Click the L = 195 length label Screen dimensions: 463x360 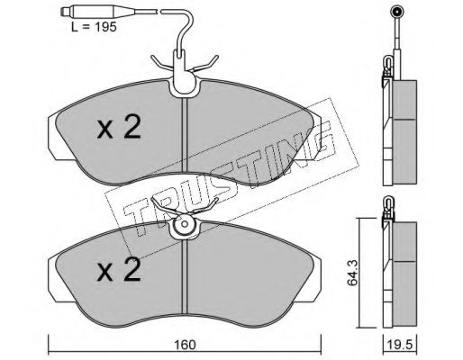coord(94,27)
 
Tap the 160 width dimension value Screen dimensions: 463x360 coord(185,345)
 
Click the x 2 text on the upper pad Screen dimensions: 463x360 coord(119,128)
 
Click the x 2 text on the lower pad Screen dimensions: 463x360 coord(119,270)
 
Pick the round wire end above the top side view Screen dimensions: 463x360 coord(396,13)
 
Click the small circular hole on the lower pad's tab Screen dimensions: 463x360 coord(185,224)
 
